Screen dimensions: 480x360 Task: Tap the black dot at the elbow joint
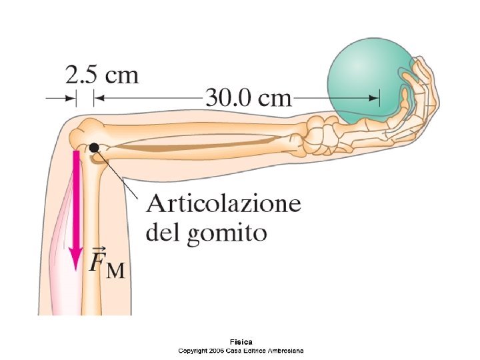95,147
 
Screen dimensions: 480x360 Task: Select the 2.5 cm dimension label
102,73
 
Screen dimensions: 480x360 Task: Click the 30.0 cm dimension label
247,98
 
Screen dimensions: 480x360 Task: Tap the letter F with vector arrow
97,260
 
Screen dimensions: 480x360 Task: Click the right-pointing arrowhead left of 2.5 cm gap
71,98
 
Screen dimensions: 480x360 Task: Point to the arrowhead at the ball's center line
375,98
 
